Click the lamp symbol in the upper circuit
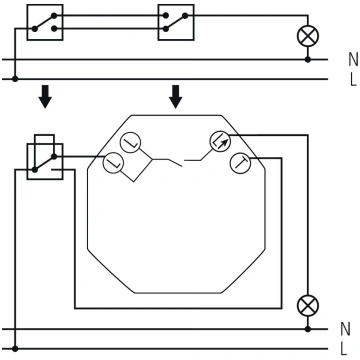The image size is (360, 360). point(308,36)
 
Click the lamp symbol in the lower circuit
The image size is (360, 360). point(308,306)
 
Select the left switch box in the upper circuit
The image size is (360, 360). point(45,22)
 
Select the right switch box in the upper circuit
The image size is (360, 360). point(176,22)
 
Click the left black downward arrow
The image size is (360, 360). point(45,97)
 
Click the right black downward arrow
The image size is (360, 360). point(176,97)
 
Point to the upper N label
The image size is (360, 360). point(353,60)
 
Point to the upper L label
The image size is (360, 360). point(353,80)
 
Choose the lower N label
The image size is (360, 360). point(346,329)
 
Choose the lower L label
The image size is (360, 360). point(345,349)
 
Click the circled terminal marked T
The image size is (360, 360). point(240,163)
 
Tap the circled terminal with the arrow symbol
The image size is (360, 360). point(220,142)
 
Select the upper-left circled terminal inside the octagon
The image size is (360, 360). point(130,142)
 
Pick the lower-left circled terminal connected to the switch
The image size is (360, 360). point(114,164)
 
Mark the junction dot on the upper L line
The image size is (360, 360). point(15,79)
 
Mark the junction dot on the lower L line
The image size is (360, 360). point(15,349)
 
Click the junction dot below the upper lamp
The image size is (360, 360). point(308,60)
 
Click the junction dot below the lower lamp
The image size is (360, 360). point(308,329)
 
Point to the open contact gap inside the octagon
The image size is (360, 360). point(183,163)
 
